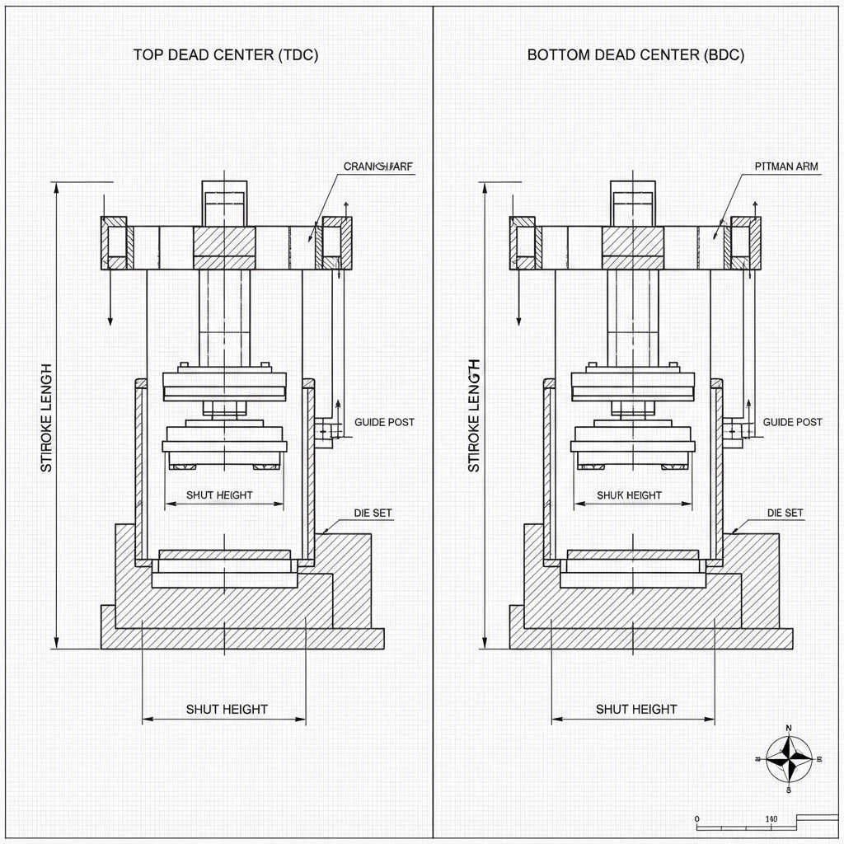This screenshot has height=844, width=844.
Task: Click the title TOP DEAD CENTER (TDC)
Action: click(225, 55)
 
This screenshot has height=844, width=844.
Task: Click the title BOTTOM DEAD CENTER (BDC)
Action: click(635, 55)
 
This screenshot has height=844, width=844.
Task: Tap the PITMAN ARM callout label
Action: click(786, 166)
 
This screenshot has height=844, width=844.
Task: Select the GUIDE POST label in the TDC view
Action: click(384, 422)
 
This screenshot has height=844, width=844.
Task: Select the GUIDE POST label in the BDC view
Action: click(792, 422)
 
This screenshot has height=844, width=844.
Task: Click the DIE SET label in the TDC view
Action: click(373, 513)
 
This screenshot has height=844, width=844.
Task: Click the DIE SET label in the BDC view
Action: click(784, 513)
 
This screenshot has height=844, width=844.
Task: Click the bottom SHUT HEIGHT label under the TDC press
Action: click(227, 709)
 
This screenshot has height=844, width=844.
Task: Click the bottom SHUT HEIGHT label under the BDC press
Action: click(635, 709)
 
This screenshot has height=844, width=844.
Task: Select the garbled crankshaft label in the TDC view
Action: click(377, 166)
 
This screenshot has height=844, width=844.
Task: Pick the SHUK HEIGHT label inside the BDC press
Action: click(629, 495)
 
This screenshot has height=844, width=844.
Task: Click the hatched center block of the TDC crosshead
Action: click(225, 241)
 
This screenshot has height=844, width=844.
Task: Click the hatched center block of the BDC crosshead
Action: click(633, 241)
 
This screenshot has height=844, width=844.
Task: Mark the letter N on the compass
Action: click(789, 728)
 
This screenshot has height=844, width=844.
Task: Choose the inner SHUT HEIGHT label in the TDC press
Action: click(219, 495)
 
